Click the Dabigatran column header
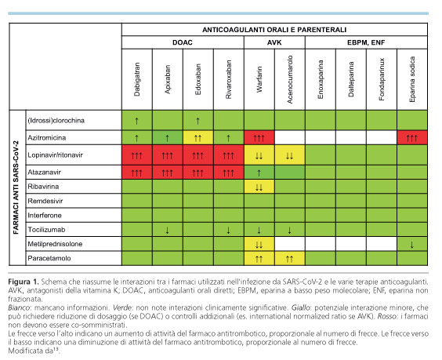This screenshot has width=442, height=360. [x=137, y=79]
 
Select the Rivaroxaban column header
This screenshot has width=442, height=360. [x=229, y=79]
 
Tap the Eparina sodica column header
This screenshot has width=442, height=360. [x=412, y=79]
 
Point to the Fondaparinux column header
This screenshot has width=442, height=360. [x=382, y=79]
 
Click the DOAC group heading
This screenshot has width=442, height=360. [x=183, y=42]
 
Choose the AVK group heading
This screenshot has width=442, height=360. [x=274, y=42]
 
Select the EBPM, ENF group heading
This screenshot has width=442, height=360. [x=366, y=42]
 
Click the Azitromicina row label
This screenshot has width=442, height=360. [x=47, y=138]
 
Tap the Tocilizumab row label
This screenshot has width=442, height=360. [x=46, y=230]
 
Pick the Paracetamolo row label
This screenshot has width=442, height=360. [x=49, y=258]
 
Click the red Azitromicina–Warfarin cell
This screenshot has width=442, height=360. [x=259, y=138]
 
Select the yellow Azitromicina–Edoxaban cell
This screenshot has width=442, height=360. [x=198, y=138]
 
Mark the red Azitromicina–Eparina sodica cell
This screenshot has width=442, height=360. [x=412, y=138]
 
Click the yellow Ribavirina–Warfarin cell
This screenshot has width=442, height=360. [x=259, y=187]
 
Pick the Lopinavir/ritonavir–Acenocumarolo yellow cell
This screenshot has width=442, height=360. [x=290, y=155]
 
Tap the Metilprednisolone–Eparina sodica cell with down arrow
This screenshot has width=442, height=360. [x=412, y=244]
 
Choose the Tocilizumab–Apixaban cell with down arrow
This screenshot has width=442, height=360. [x=168, y=230]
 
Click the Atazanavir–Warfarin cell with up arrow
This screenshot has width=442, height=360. [x=259, y=172]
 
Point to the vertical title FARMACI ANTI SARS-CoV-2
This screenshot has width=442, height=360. [x=16, y=187]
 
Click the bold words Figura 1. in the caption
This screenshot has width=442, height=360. [x=23, y=282]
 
